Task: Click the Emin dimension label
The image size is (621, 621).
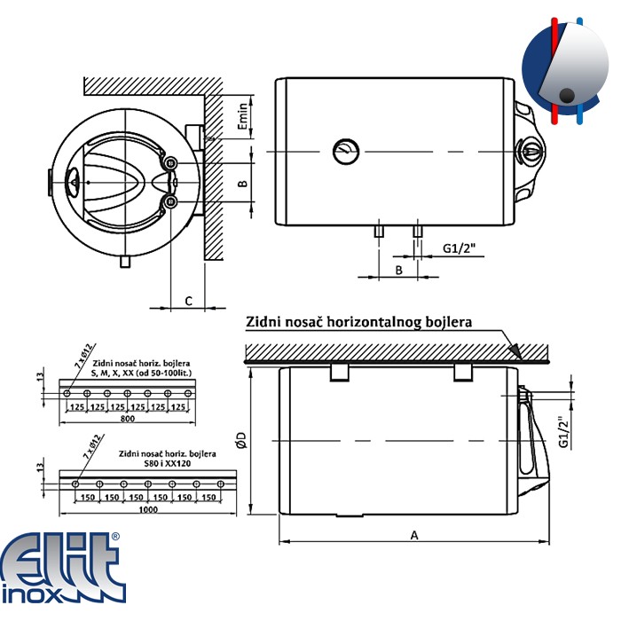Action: click(243, 116)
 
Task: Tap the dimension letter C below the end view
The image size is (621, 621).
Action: click(188, 301)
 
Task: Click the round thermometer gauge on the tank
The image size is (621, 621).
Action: click(346, 152)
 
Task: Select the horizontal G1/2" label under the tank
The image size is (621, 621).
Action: click(459, 248)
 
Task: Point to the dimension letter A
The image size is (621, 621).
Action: click(414, 536)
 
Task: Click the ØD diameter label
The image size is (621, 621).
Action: click(241, 440)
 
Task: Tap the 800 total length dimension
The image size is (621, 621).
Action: click(127, 419)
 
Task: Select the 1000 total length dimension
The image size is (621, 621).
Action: click(148, 510)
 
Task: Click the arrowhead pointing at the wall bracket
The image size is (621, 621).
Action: click(515, 350)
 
